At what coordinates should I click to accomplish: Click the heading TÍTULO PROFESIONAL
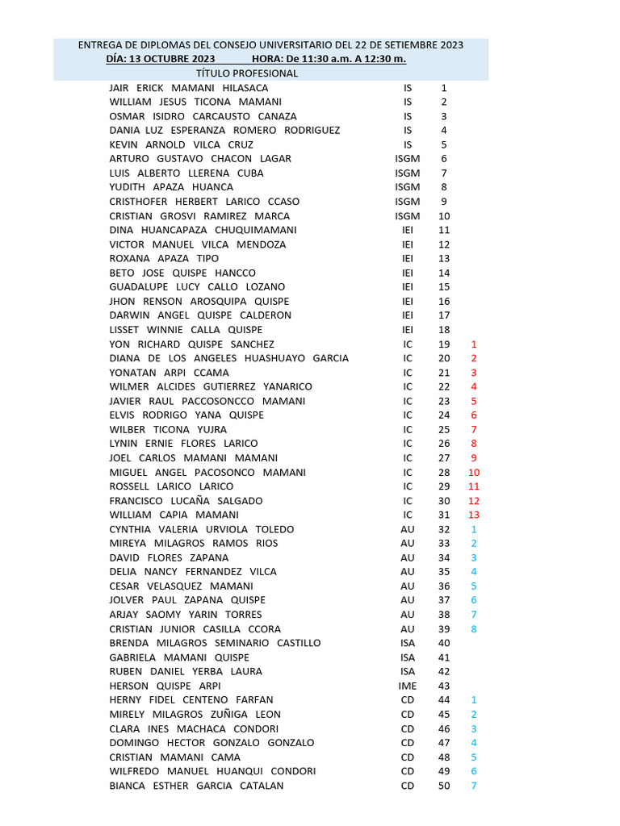click(247, 73)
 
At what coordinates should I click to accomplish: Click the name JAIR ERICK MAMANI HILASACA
click(189, 88)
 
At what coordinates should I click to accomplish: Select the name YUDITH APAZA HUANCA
click(171, 187)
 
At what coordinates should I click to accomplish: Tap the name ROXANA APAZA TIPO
click(164, 258)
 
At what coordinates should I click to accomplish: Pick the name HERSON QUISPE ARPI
click(164, 686)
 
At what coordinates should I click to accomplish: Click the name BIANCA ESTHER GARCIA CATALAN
click(196, 786)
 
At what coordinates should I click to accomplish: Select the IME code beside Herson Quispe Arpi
click(408, 686)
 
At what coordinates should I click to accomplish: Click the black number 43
click(444, 686)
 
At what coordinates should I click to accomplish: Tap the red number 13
click(474, 515)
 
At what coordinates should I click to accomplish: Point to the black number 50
click(444, 786)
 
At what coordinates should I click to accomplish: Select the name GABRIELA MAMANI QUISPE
click(179, 657)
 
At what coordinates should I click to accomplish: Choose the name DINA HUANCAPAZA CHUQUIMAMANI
click(203, 230)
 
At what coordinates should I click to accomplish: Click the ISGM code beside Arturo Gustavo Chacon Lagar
click(408, 159)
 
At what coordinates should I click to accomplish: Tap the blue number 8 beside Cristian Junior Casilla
click(474, 629)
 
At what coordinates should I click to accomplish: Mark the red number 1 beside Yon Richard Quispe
click(474, 344)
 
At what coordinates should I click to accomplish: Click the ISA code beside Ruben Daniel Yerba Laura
click(408, 671)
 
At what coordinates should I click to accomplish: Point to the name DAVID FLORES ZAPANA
click(169, 557)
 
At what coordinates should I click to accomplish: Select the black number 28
click(444, 473)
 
